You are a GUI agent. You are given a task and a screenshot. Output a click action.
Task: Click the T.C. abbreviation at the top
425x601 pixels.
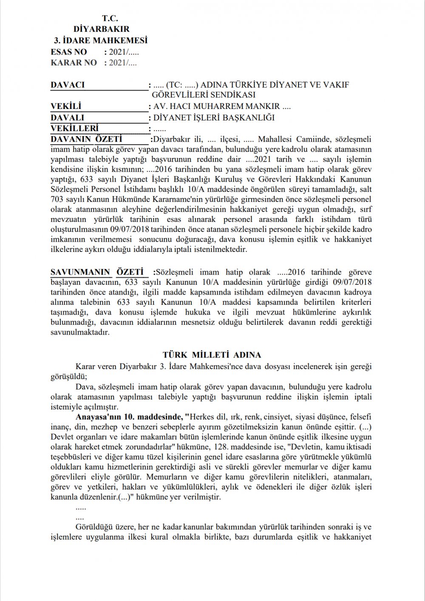(x=110, y=18)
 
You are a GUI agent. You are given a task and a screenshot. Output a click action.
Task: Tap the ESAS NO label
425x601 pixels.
(x=68, y=52)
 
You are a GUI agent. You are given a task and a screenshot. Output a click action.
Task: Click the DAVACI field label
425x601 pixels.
(x=68, y=85)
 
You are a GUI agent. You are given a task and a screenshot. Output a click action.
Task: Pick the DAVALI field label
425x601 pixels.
(x=67, y=117)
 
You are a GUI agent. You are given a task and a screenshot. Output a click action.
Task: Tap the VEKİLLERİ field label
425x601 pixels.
(x=74, y=128)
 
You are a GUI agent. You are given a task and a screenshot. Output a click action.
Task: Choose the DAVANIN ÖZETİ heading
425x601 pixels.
(x=86, y=139)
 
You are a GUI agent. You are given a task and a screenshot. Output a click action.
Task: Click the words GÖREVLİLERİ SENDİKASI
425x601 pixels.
(x=204, y=95)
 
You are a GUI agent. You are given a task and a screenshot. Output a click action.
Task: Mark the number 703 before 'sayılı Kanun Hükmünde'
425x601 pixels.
(x=57, y=199)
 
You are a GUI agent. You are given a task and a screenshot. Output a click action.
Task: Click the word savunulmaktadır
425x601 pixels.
(x=80, y=332)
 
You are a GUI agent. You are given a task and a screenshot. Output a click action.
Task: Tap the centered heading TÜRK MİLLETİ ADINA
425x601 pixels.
(x=212, y=355)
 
